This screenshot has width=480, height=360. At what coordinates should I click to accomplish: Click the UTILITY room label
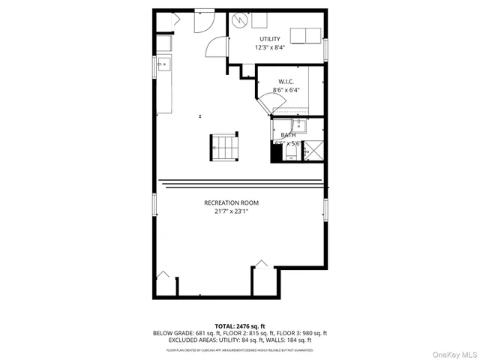tap(270, 38)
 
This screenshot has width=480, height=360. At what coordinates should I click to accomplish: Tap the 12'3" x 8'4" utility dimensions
tap(270, 47)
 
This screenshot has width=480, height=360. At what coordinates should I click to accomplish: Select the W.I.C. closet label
tap(285, 81)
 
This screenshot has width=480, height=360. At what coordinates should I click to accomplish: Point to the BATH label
tap(287, 135)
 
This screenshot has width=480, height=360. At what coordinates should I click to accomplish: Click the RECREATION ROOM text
tap(231, 202)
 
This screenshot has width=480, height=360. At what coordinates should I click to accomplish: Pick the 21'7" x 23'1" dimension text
tap(231, 211)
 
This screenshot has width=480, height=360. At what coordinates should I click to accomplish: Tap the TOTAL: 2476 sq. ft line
tap(240, 325)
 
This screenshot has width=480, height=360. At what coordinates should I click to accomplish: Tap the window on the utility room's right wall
tap(326, 48)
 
